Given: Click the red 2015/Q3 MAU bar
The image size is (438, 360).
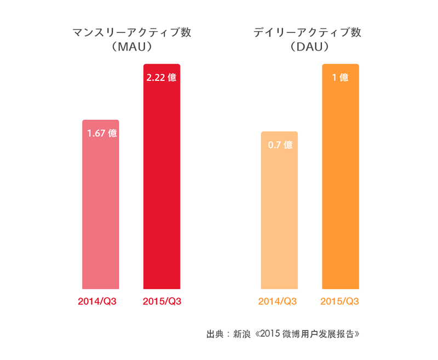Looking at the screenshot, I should pos(162,186).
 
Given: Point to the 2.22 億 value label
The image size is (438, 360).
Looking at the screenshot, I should pos(162,78).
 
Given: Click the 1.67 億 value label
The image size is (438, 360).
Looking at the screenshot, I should pos(102,133).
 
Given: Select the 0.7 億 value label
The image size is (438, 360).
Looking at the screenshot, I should pos(280,145).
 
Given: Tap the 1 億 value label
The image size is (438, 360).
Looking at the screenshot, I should pos(341,78).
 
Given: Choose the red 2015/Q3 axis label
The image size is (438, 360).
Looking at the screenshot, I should pos(162,301).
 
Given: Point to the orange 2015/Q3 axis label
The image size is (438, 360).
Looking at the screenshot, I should pos(339,301).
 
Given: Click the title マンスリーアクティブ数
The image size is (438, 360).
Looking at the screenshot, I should pos(131,32).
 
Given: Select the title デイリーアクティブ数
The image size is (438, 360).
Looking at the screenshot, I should pos(307,32).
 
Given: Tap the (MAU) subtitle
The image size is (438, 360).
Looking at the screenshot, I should pos(131,48).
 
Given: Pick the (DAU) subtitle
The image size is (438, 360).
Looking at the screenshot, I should pos(308,48).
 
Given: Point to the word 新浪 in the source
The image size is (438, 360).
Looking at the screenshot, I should pos(241,334).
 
